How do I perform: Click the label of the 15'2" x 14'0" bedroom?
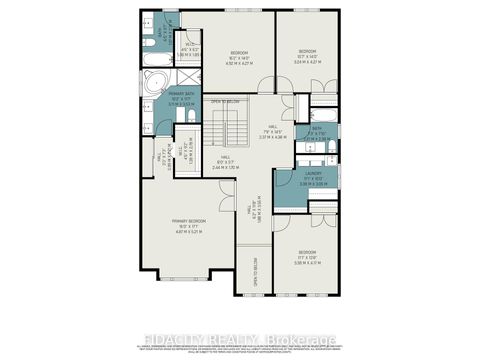239,56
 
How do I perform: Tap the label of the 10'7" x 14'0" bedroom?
307,55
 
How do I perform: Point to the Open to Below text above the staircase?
225,102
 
